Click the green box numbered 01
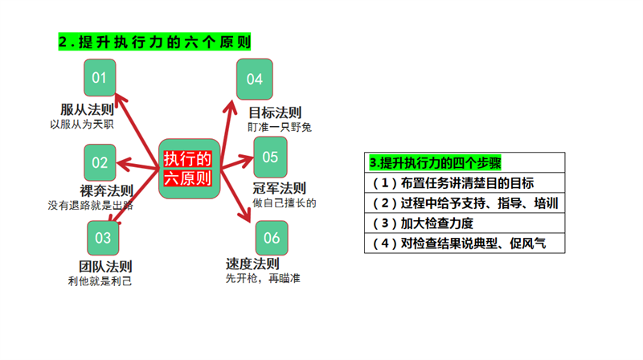[x=100, y=78]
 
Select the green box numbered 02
[x=100, y=163]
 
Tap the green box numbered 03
[x=103, y=238]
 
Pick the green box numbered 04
[x=255, y=79]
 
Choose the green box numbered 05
[x=270, y=157]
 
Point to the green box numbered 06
[x=272, y=238]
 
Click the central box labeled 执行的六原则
[x=187, y=168]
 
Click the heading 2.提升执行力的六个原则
[x=154, y=42]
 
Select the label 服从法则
[x=85, y=110]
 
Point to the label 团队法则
[x=105, y=267]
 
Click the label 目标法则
[x=275, y=112]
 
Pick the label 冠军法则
[x=279, y=189]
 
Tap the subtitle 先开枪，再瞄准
[x=263, y=278]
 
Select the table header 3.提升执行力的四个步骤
[x=435, y=162]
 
